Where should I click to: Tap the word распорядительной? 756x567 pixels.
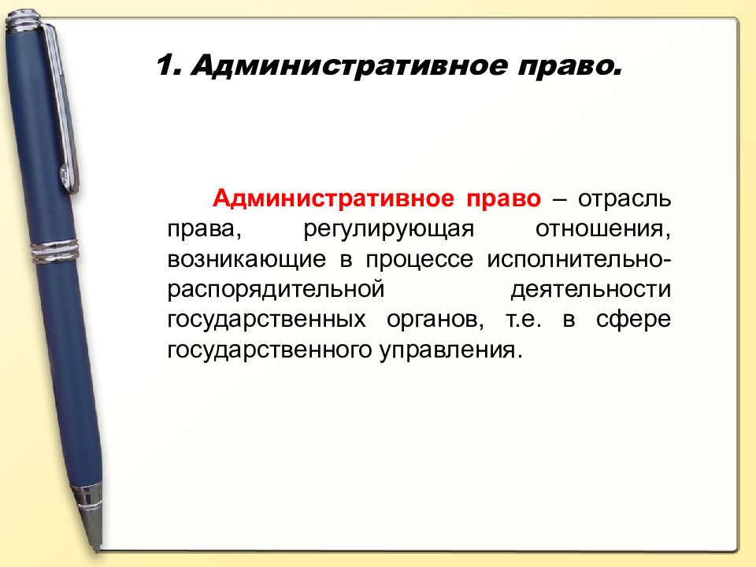(x=269, y=290)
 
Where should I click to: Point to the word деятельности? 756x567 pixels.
(x=591, y=289)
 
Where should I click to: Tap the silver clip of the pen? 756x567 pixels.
(x=62, y=110)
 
